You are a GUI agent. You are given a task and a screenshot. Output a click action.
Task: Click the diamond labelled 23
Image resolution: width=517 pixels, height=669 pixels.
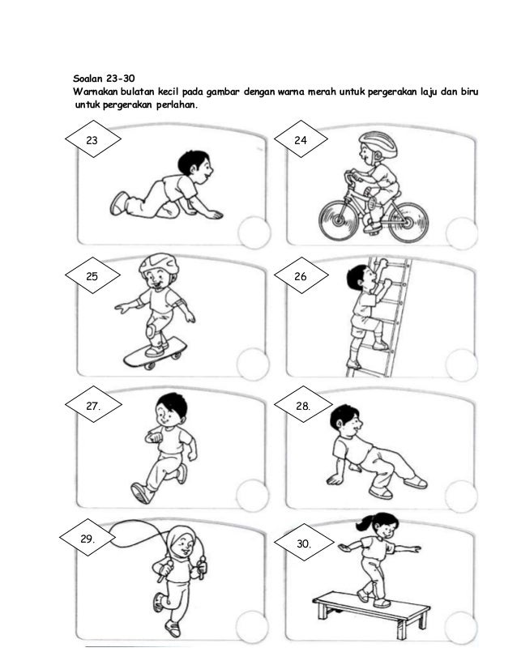pos(92,139)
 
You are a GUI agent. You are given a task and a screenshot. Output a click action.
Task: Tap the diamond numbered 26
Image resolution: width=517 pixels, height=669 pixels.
pos(301,275)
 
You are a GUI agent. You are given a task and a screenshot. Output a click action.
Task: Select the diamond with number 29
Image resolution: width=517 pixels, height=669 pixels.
pos(87,538)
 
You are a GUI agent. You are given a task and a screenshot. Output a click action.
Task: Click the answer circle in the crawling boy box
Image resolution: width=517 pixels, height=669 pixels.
pos(254,232)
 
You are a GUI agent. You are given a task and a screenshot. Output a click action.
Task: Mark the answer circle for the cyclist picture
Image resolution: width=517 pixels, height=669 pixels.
pos(462,233)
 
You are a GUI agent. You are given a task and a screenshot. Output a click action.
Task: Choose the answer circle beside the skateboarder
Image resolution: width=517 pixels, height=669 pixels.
pos(253,364)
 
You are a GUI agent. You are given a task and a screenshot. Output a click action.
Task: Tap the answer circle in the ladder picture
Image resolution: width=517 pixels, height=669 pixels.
pos(462,364)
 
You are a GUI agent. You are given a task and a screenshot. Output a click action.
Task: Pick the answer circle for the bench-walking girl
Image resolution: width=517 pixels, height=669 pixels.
pos(460,628)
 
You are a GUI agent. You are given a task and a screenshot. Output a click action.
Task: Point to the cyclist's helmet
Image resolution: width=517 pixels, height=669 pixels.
pos(378,143)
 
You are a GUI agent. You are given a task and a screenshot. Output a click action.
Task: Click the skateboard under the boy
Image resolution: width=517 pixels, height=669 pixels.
pos(156,352)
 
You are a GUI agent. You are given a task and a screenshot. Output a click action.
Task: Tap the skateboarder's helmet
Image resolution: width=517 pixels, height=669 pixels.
pos(159,265)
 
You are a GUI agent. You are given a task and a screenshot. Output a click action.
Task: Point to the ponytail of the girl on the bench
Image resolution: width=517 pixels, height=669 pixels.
pos(364,522)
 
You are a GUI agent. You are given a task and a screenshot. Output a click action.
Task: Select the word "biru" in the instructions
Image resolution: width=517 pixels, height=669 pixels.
pos(469,92)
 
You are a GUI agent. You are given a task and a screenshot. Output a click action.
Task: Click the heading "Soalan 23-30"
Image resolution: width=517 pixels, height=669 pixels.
pos(104,79)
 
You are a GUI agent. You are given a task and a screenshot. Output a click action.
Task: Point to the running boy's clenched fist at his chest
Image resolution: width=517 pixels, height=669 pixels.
pos(156,437)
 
